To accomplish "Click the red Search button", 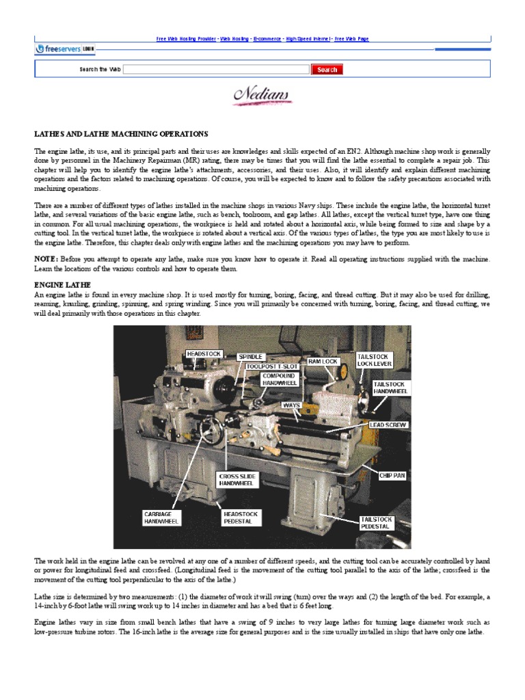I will click(327, 70).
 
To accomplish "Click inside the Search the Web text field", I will click(216, 70).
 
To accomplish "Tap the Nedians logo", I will click(262, 95).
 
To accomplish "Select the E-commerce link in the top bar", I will click(267, 39).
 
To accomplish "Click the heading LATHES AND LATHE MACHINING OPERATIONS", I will click(121, 134).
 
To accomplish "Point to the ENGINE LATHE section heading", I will click(62, 284).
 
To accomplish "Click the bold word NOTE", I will click(46, 260).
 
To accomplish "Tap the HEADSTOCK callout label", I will click(204, 354).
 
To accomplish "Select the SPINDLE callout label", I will click(250, 357).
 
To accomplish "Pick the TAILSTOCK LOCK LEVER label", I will click(374, 360).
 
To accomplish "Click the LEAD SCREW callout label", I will click(388, 425).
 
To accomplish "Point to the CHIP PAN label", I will click(392, 475).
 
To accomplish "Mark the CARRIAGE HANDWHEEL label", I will click(161, 517).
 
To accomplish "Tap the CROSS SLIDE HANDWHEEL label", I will click(237, 479).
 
